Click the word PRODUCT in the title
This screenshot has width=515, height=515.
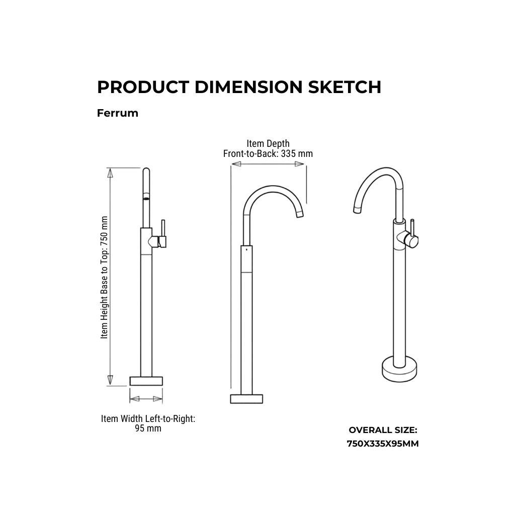[x=143, y=87]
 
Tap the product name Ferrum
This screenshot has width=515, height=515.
[x=118, y=113]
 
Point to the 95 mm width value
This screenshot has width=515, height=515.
[x=148, y=428]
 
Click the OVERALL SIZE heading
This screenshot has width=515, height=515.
[x=383, y=430]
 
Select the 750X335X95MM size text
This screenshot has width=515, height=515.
[x=383, y=444]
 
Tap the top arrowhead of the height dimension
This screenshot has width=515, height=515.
[x=110, y=173]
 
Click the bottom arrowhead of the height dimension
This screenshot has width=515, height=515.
[x=110, y=380]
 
